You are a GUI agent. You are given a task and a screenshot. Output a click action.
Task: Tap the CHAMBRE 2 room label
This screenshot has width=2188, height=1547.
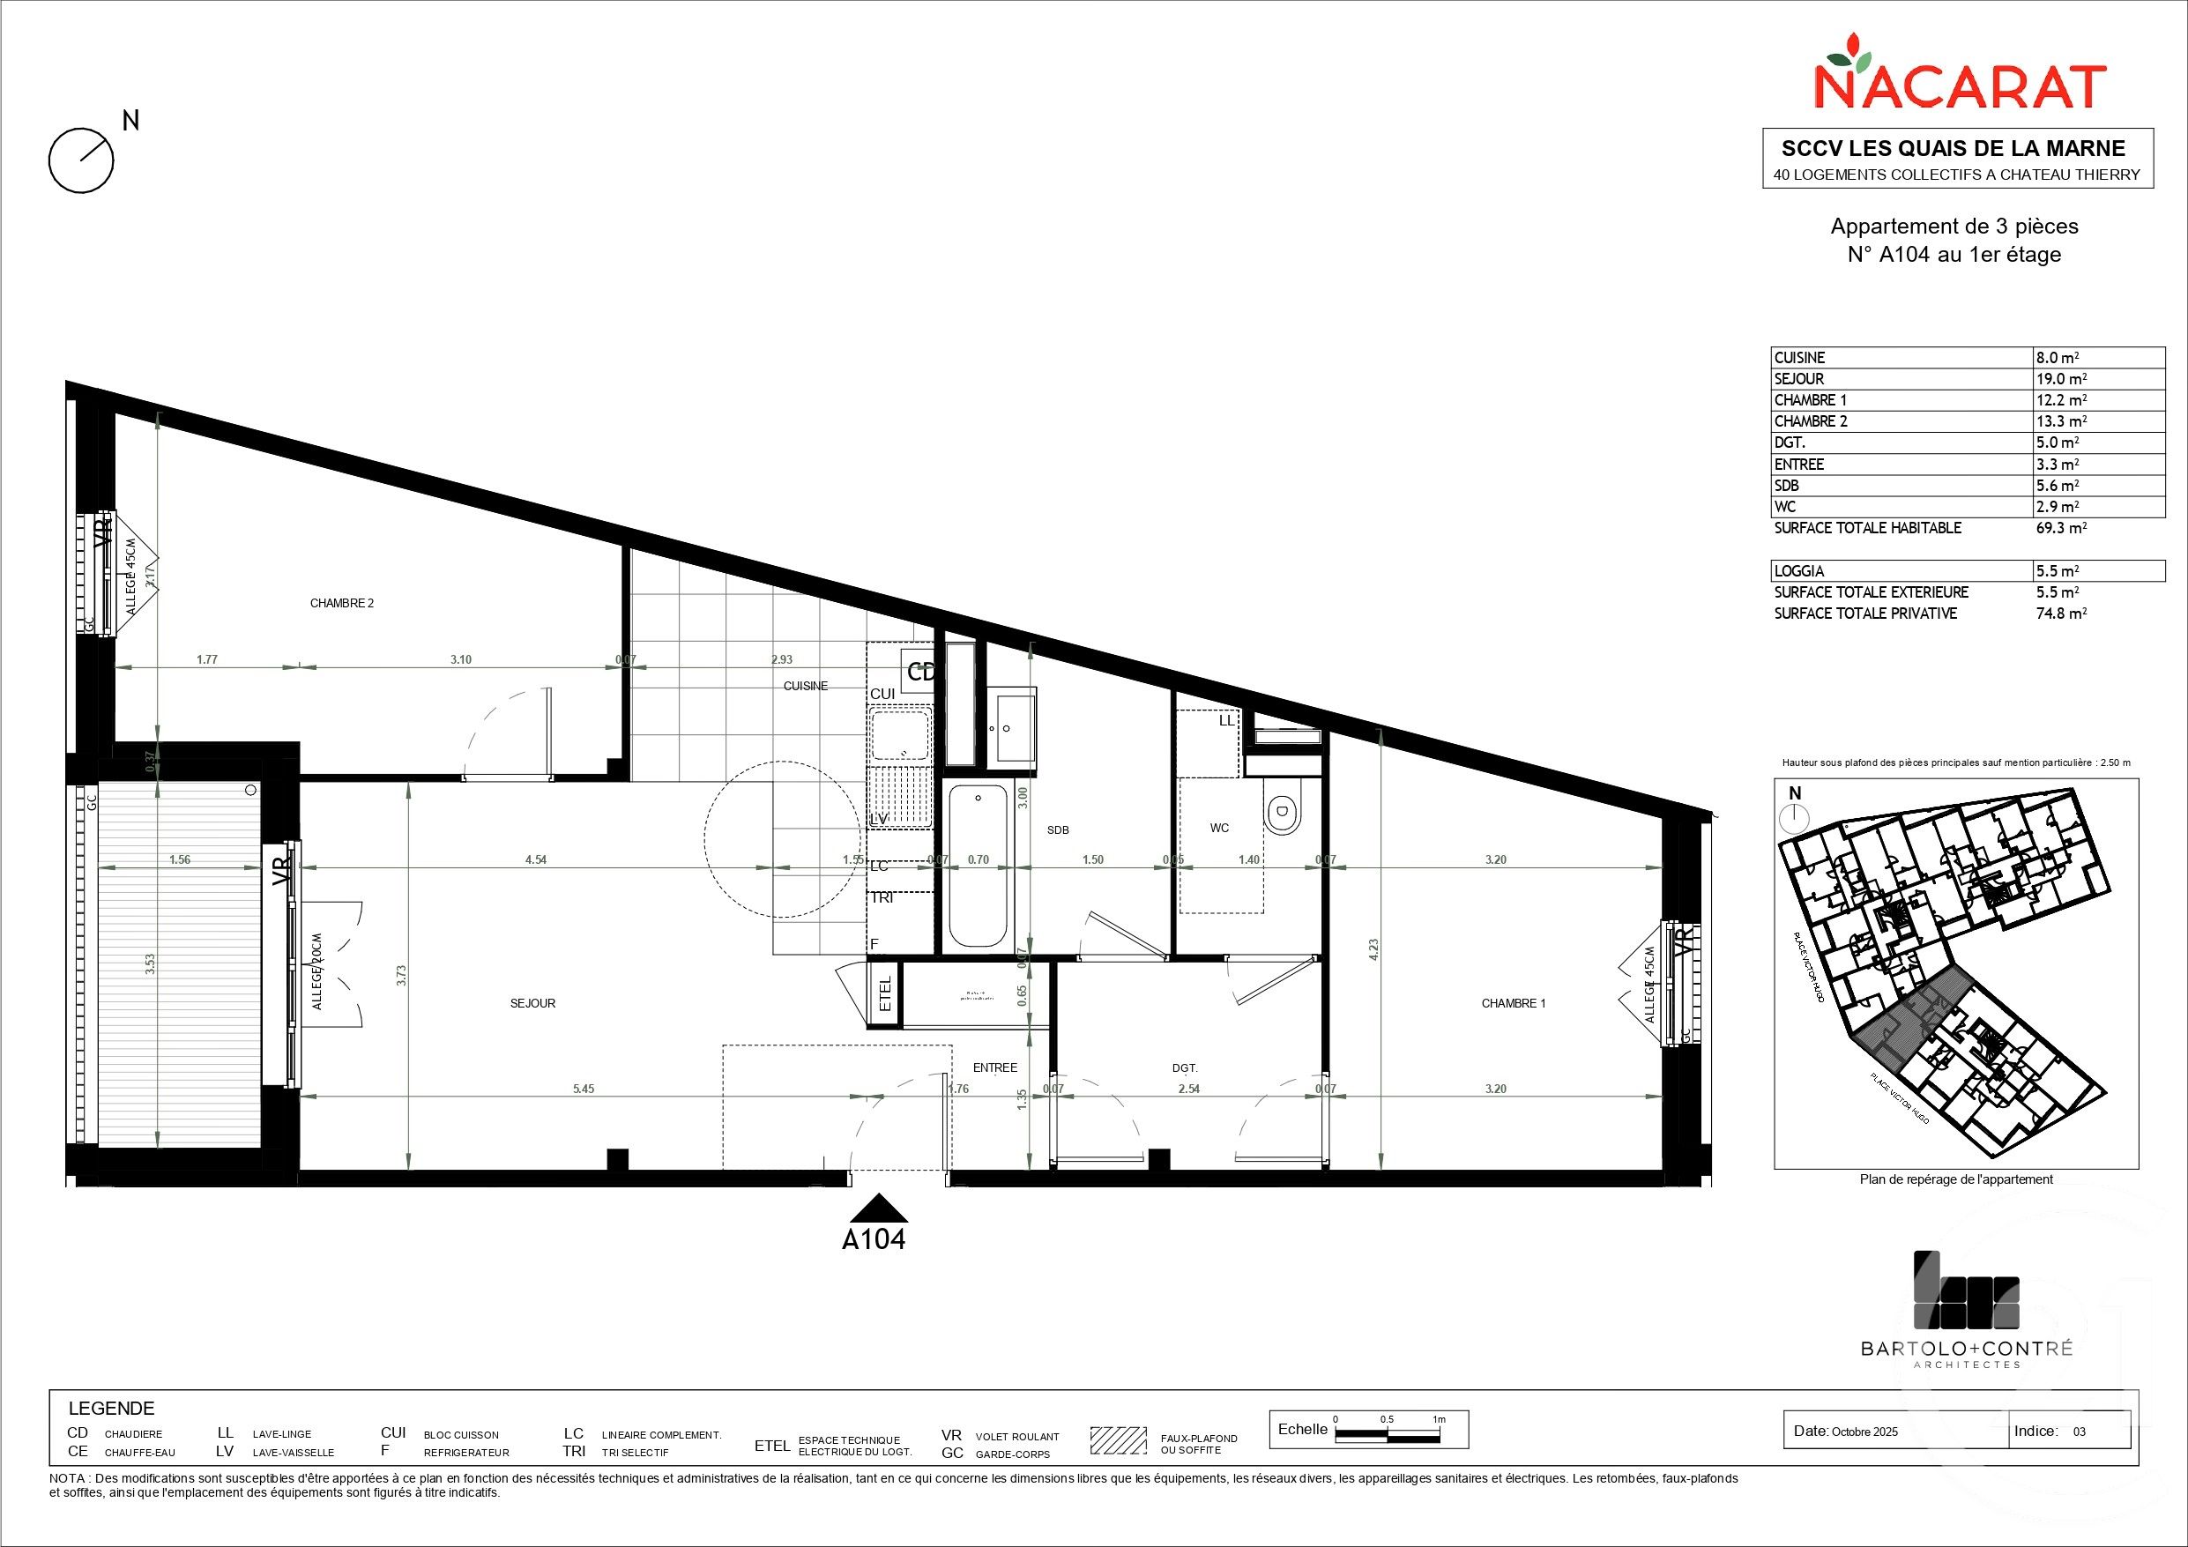point(342,603)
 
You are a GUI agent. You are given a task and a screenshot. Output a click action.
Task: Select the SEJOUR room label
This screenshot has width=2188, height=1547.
point(532,1003)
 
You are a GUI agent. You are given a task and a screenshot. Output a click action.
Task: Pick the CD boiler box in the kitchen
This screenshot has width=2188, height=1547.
point(920,671)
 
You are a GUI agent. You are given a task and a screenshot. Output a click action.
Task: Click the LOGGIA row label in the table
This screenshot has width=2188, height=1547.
point(1799,571)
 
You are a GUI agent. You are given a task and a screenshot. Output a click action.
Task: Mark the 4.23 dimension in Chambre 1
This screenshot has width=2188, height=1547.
point(1373,950)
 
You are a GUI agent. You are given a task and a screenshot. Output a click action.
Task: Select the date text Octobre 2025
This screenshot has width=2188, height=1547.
point(1858,1458)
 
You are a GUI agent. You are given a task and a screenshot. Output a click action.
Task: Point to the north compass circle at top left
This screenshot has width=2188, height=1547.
point(81,160)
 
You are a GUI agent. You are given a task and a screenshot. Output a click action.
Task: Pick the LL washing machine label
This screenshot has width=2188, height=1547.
point(1226,720)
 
